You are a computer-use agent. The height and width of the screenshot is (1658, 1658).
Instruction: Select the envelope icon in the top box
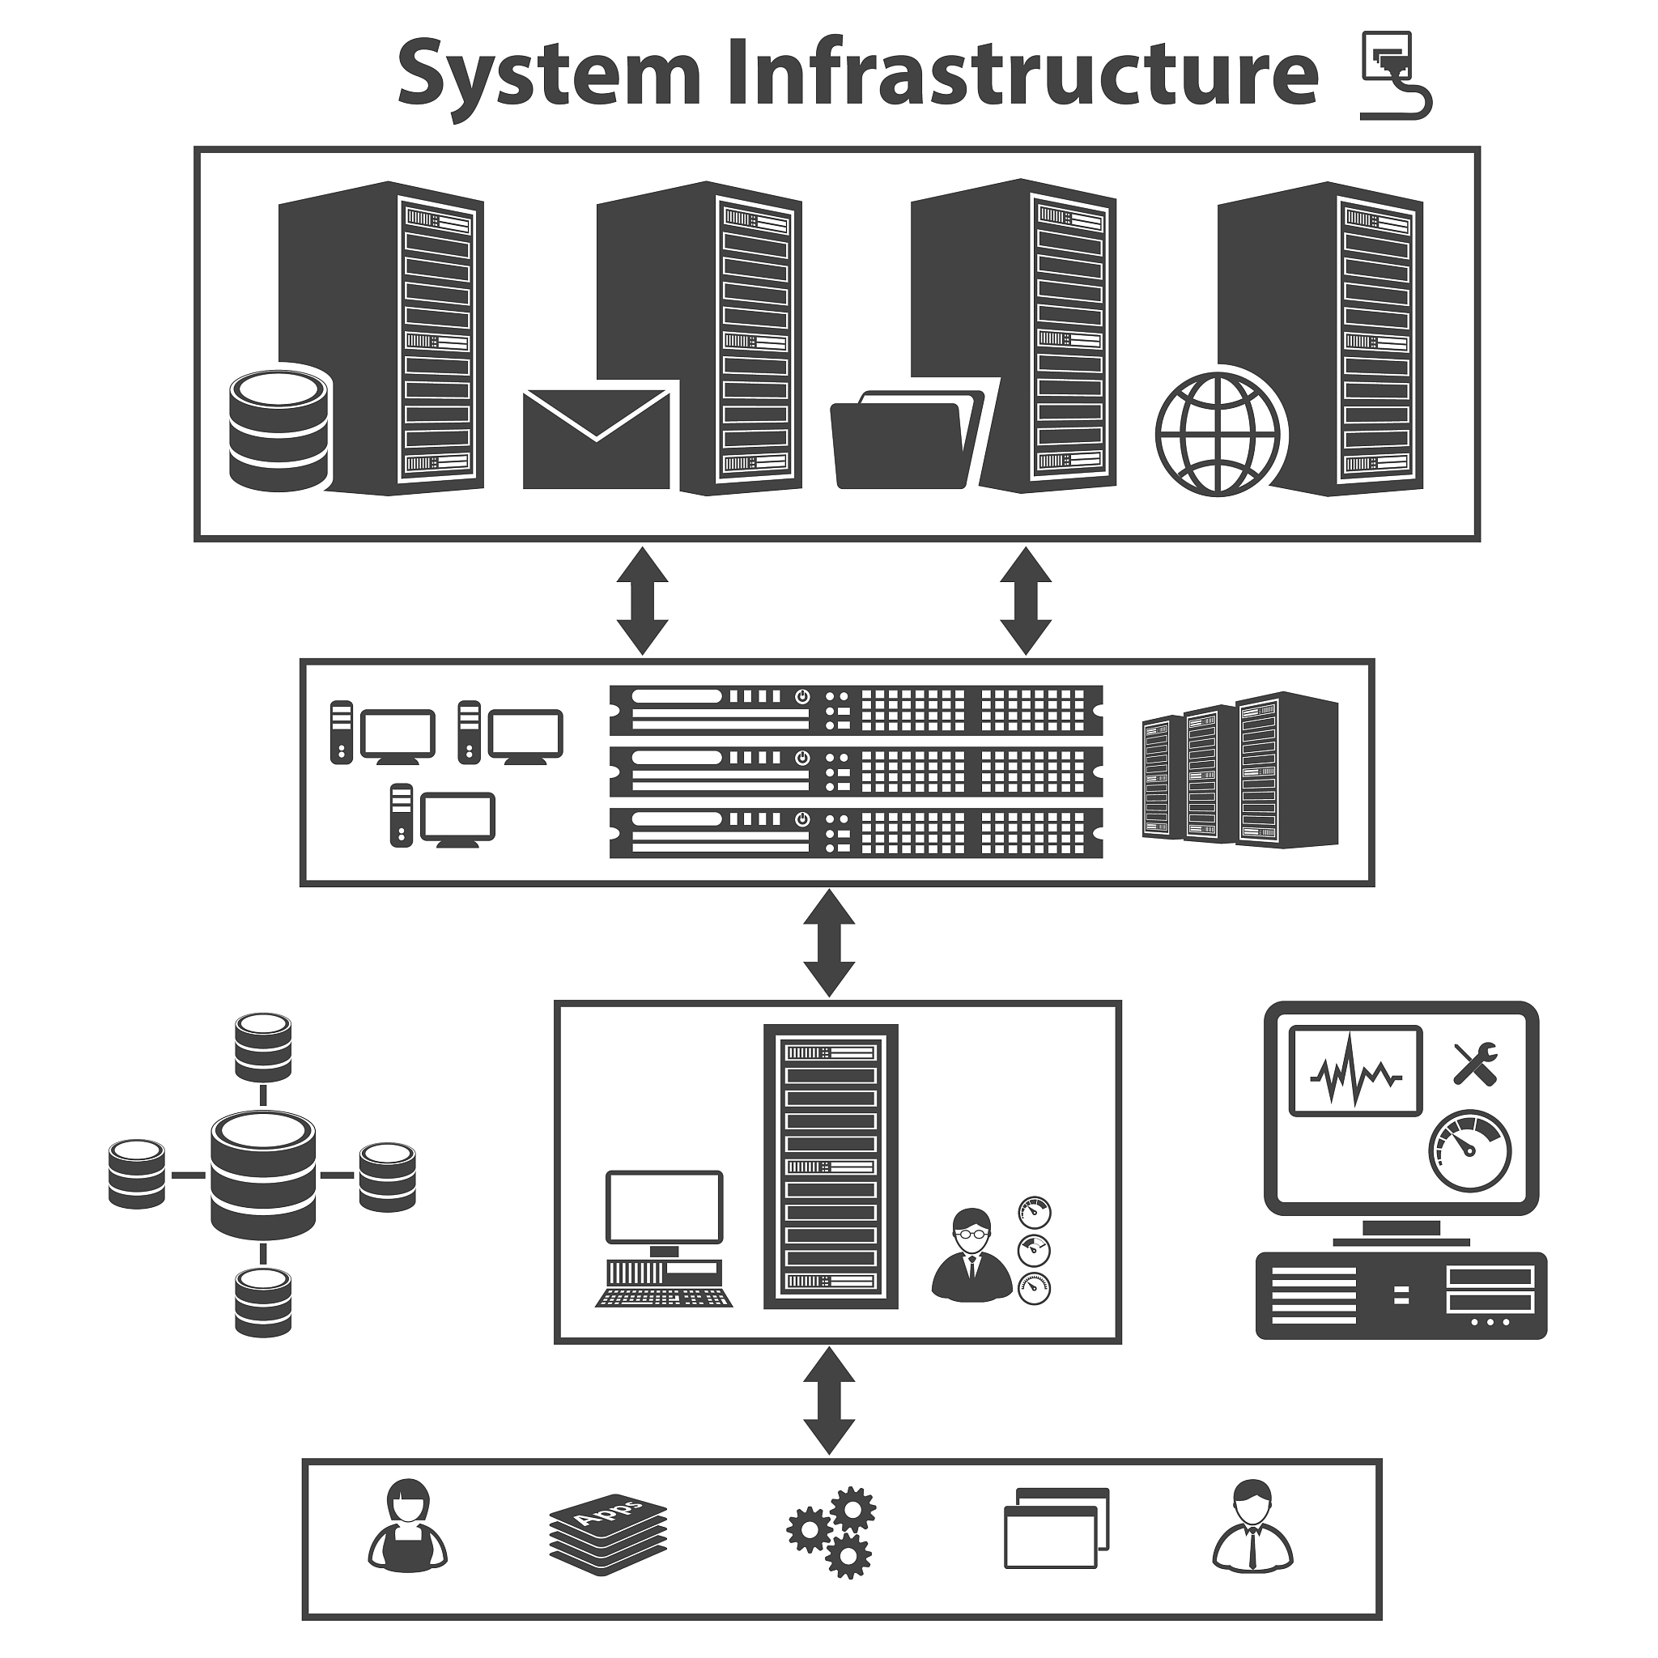point(597,440)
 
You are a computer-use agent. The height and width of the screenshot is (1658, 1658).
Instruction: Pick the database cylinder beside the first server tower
point(280,430)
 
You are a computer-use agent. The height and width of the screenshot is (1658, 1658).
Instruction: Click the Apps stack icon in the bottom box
point(609,1542)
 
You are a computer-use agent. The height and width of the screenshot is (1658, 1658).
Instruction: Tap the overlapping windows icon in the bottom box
point(1056,1541)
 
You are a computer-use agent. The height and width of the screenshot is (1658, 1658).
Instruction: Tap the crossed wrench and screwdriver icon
point(1475,1063)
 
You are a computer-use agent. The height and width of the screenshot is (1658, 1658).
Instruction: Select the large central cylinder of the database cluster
point(262,1175)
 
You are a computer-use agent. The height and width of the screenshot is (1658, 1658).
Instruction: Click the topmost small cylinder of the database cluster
point(262,1047)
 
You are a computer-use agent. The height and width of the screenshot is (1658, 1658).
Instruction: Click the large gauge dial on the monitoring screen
point(1470,1151)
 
